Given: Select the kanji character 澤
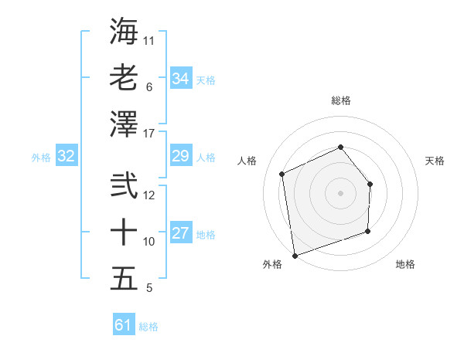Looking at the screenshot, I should (124, 124).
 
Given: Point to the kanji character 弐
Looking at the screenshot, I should (124, 185).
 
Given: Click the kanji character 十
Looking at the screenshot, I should (124, 232).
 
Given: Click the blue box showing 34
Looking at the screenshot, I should (180, 78).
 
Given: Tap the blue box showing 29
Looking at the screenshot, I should (180, 157).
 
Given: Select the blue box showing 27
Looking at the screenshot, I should (180, 234).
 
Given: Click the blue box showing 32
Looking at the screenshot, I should (66, 157).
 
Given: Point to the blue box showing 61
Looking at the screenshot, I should (123, 325).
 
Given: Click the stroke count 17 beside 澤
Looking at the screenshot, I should (149, 134).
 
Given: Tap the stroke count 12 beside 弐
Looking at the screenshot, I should (149, 195).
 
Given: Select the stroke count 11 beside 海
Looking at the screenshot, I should (149, 39).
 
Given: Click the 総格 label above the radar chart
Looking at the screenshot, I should (340, 100).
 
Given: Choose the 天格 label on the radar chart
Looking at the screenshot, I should (435, 161).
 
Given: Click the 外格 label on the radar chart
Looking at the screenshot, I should (272, 264).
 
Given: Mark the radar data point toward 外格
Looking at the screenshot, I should (295, 254).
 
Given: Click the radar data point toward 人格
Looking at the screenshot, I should (282, 174).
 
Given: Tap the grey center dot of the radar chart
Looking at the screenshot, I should (340, 192).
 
